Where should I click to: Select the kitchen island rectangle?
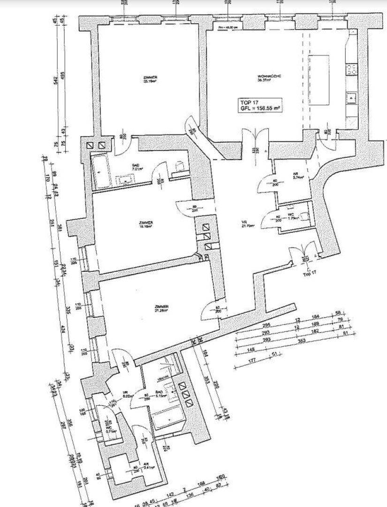coord(320,80)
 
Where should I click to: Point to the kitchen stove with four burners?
coord(351,70)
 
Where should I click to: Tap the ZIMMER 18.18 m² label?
coord(146,224)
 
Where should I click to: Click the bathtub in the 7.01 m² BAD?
coord(101,171)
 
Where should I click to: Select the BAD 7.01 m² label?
coord(136,167)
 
